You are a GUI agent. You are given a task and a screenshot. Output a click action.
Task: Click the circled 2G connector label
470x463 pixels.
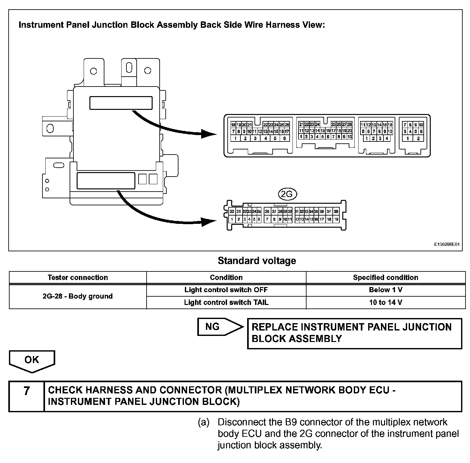[287, 194]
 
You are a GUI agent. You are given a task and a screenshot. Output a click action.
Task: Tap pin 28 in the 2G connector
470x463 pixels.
[280, 211]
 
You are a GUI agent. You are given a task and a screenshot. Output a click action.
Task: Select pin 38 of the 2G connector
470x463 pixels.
[336, 211]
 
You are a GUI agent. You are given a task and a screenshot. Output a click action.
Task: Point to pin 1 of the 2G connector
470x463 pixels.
[232, 219]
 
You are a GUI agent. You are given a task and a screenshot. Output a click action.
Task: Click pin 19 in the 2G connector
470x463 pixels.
[336, 219]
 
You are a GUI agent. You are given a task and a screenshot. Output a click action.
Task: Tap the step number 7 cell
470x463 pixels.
[27, 391]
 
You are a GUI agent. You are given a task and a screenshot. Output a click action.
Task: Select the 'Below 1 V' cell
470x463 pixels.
[385, 290]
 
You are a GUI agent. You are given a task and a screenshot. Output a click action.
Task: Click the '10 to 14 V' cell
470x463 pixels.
[385, 302]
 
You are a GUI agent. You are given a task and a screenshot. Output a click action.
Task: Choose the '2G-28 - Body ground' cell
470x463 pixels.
[78, 296]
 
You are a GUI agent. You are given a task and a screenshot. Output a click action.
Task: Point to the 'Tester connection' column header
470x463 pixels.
[78, 277]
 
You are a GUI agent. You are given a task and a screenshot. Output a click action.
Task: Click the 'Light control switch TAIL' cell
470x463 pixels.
[226, 302]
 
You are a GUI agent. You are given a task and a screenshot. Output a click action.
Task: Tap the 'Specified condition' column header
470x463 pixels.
[385, 277]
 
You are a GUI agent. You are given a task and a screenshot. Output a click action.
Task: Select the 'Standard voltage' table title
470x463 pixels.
[257, 261]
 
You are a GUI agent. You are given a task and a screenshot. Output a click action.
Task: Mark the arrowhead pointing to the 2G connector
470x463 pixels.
[209, 221]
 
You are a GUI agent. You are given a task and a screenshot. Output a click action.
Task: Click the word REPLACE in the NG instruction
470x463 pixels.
[274, 327]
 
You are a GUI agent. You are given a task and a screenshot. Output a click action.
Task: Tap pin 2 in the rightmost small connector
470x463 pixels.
[418, 139]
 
